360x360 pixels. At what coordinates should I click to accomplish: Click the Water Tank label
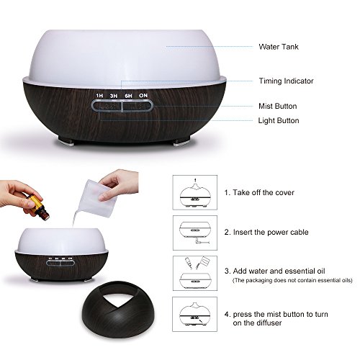279,47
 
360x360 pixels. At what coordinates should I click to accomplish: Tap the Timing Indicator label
286,81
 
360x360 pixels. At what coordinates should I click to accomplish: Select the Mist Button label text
278,106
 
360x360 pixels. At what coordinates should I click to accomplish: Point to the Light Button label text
279,120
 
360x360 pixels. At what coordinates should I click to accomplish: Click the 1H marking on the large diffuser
99,96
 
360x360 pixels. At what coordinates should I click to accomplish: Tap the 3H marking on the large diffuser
114,96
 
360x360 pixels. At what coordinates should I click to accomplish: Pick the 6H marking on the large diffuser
128,96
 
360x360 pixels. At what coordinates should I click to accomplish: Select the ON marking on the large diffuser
143,96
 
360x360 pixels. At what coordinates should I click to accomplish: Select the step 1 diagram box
195,192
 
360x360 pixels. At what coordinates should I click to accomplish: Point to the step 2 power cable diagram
195,233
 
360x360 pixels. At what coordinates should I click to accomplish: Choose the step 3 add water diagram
195,273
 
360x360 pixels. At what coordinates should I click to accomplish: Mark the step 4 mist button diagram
195,314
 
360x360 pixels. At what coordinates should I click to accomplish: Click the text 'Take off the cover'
264,192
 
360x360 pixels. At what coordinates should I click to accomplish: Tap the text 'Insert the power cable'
271,232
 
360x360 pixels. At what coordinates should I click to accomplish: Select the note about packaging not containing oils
292,280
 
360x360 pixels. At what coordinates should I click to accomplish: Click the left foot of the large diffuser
66,143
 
